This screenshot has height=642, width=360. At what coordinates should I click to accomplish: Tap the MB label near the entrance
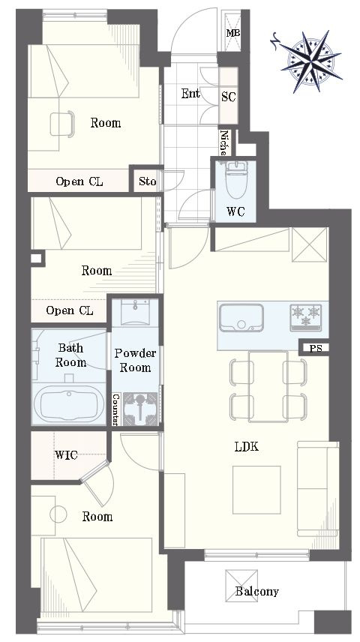point(233,33)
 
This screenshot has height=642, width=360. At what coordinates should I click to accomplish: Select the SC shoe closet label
point(229,97)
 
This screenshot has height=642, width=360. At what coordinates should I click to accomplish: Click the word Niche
point(223,143)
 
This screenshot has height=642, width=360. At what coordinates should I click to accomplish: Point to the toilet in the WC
point(236,180)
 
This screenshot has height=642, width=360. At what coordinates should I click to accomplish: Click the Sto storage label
point(147,181)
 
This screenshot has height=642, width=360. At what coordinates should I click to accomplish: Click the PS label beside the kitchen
point(316,349)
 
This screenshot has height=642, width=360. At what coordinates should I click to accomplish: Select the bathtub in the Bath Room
point(69,403)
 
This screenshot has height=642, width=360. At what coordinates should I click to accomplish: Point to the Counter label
point(116,409)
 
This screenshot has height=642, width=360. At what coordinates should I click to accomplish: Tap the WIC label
point(66,455)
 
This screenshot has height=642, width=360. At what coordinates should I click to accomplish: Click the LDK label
point(247,447)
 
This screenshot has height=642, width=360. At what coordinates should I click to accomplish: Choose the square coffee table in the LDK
point(256,490)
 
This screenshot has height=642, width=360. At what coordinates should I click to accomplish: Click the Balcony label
point(256,591)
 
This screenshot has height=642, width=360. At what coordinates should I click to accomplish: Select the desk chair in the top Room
point(62,124)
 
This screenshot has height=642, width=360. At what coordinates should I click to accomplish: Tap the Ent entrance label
point(190,93)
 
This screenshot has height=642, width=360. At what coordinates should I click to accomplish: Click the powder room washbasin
point(135,313)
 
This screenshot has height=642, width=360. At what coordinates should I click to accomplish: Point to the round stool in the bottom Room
point(58,514)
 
